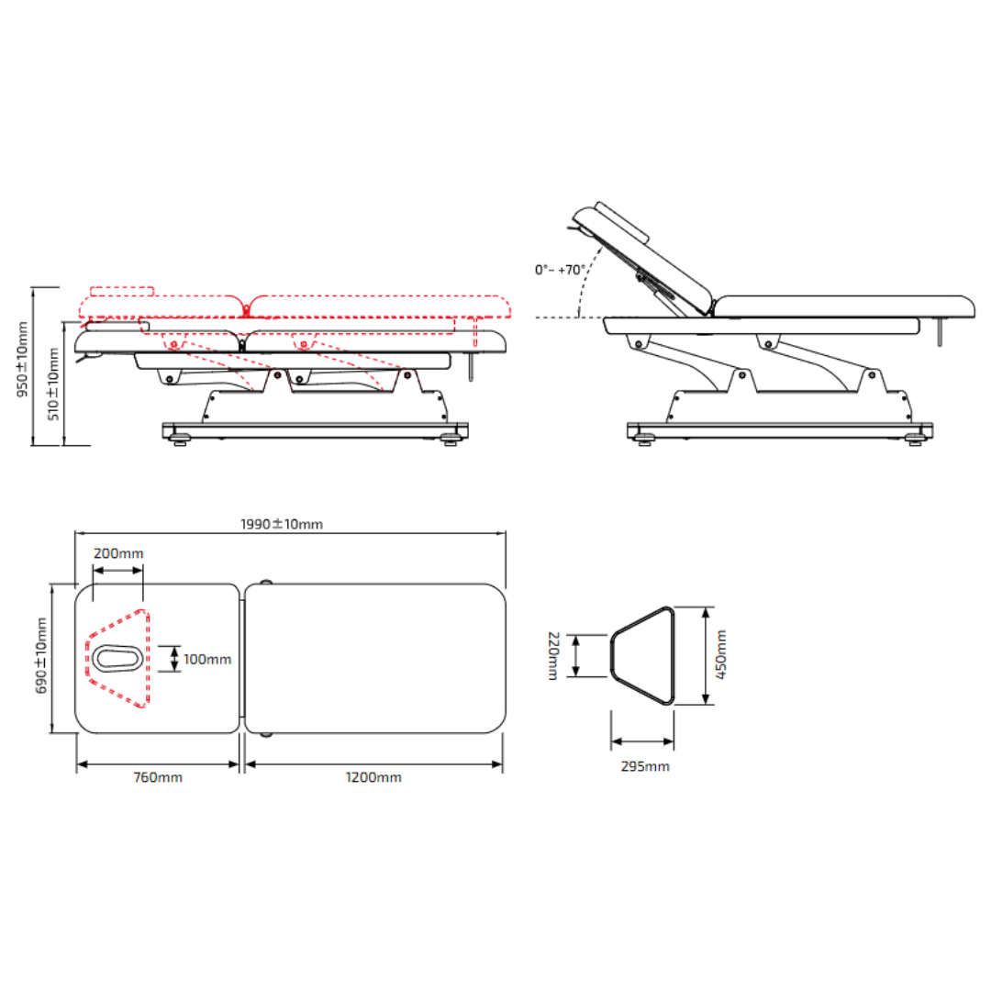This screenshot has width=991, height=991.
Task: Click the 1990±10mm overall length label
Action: (x=282, y=524)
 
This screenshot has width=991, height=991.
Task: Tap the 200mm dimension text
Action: (x=118, y=553)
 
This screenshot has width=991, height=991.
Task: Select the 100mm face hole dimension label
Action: (x=207, y=659)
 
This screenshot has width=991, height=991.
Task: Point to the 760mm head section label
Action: (x=158, y=777)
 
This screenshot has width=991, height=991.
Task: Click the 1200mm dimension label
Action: (x=373, y=777)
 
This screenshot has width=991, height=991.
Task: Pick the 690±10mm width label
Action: (x=41, y=655)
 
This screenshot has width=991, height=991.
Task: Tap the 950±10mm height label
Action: (x=22, y=360)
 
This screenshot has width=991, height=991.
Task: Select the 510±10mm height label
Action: (x=53, y=384)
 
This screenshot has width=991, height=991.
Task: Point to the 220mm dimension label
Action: (x=553, y=656)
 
